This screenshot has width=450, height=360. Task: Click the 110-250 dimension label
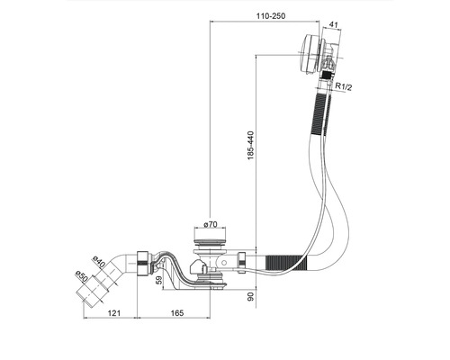click(271, 16)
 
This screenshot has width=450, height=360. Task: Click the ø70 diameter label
click(212, 223)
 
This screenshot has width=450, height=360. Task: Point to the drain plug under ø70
click(211, 241)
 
